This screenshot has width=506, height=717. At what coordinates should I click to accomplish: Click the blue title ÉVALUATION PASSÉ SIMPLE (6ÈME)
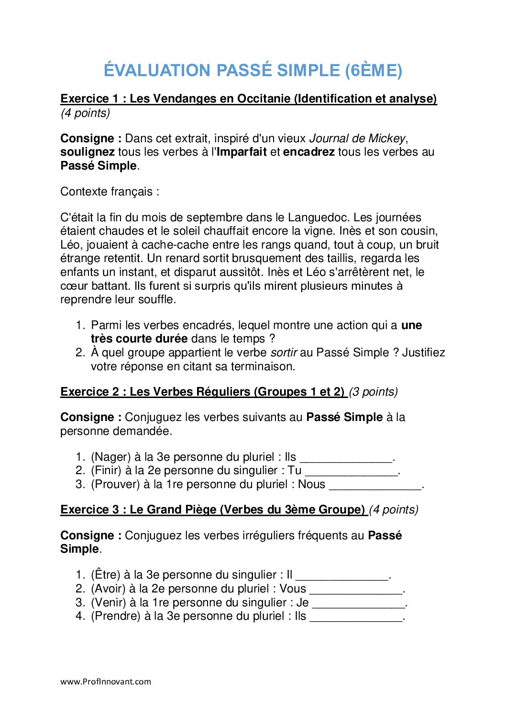(x=253, y=70)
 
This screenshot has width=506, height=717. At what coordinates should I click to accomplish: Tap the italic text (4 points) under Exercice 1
(x=85, y=113)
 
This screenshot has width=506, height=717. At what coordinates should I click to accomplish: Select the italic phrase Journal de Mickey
(x=357, y=138)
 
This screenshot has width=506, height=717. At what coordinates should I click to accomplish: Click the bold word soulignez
(x=88, y=152)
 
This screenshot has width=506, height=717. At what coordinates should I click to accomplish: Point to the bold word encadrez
(x=308, y=152)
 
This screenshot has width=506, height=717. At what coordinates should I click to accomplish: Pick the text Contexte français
(x=110, y=192)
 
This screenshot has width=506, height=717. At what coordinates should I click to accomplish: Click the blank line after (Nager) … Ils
(x=345, y=458)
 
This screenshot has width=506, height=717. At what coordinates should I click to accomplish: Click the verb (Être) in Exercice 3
(x=106, y=575)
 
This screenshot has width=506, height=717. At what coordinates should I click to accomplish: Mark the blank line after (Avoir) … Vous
(x=356, y=590)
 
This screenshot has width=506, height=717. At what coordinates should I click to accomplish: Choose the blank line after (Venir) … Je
(x=358, y=604)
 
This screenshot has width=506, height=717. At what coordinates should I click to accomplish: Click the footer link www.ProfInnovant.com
(x=106, y=682)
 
